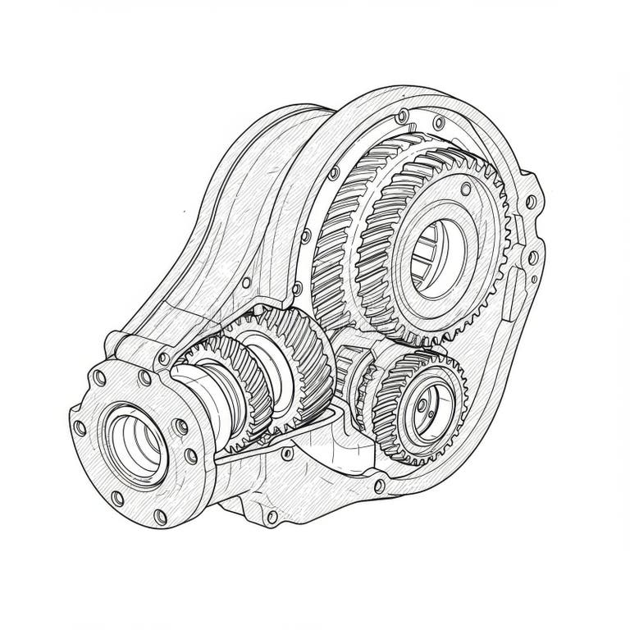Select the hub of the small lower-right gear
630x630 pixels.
(x=423, y=404)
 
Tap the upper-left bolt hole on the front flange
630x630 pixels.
(x=99, y=378)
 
